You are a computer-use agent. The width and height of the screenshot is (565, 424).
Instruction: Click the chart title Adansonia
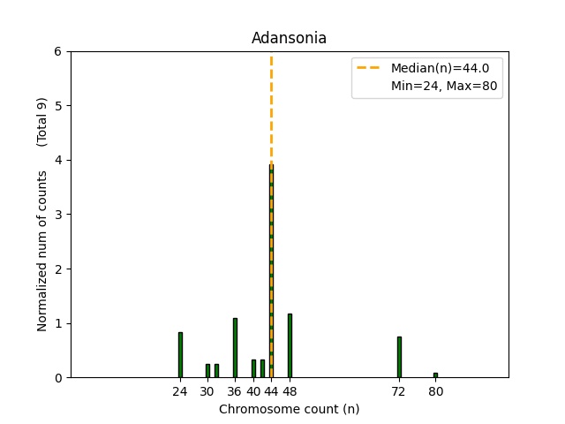click(290, 38)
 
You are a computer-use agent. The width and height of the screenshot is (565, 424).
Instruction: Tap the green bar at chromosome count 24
click(180, 355)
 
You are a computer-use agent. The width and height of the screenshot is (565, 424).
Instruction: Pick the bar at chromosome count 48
click(290, 345)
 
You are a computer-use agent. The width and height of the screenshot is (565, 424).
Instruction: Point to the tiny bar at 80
click(435, 375)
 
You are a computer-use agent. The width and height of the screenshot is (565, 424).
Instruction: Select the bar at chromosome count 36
click(235, 348)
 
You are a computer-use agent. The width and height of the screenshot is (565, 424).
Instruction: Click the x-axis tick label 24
click(180, 391)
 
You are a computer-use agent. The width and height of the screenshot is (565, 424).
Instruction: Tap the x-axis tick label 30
click(207, 391)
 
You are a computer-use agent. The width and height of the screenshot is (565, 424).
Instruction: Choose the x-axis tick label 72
click(399, 391)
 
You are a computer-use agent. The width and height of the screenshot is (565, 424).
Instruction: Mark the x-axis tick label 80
click(435, 391)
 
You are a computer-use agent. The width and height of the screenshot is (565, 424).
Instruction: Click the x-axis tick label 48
click(290, 391)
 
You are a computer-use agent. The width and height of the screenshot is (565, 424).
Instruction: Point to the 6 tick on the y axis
click(57, 51)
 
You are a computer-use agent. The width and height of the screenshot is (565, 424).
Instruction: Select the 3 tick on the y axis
click(57, 215)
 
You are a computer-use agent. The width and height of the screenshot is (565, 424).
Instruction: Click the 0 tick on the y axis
click(57, 378)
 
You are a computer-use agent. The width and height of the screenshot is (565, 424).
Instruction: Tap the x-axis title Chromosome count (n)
click(290, 409)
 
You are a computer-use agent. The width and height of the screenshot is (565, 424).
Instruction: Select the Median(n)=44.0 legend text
click(433, 68)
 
